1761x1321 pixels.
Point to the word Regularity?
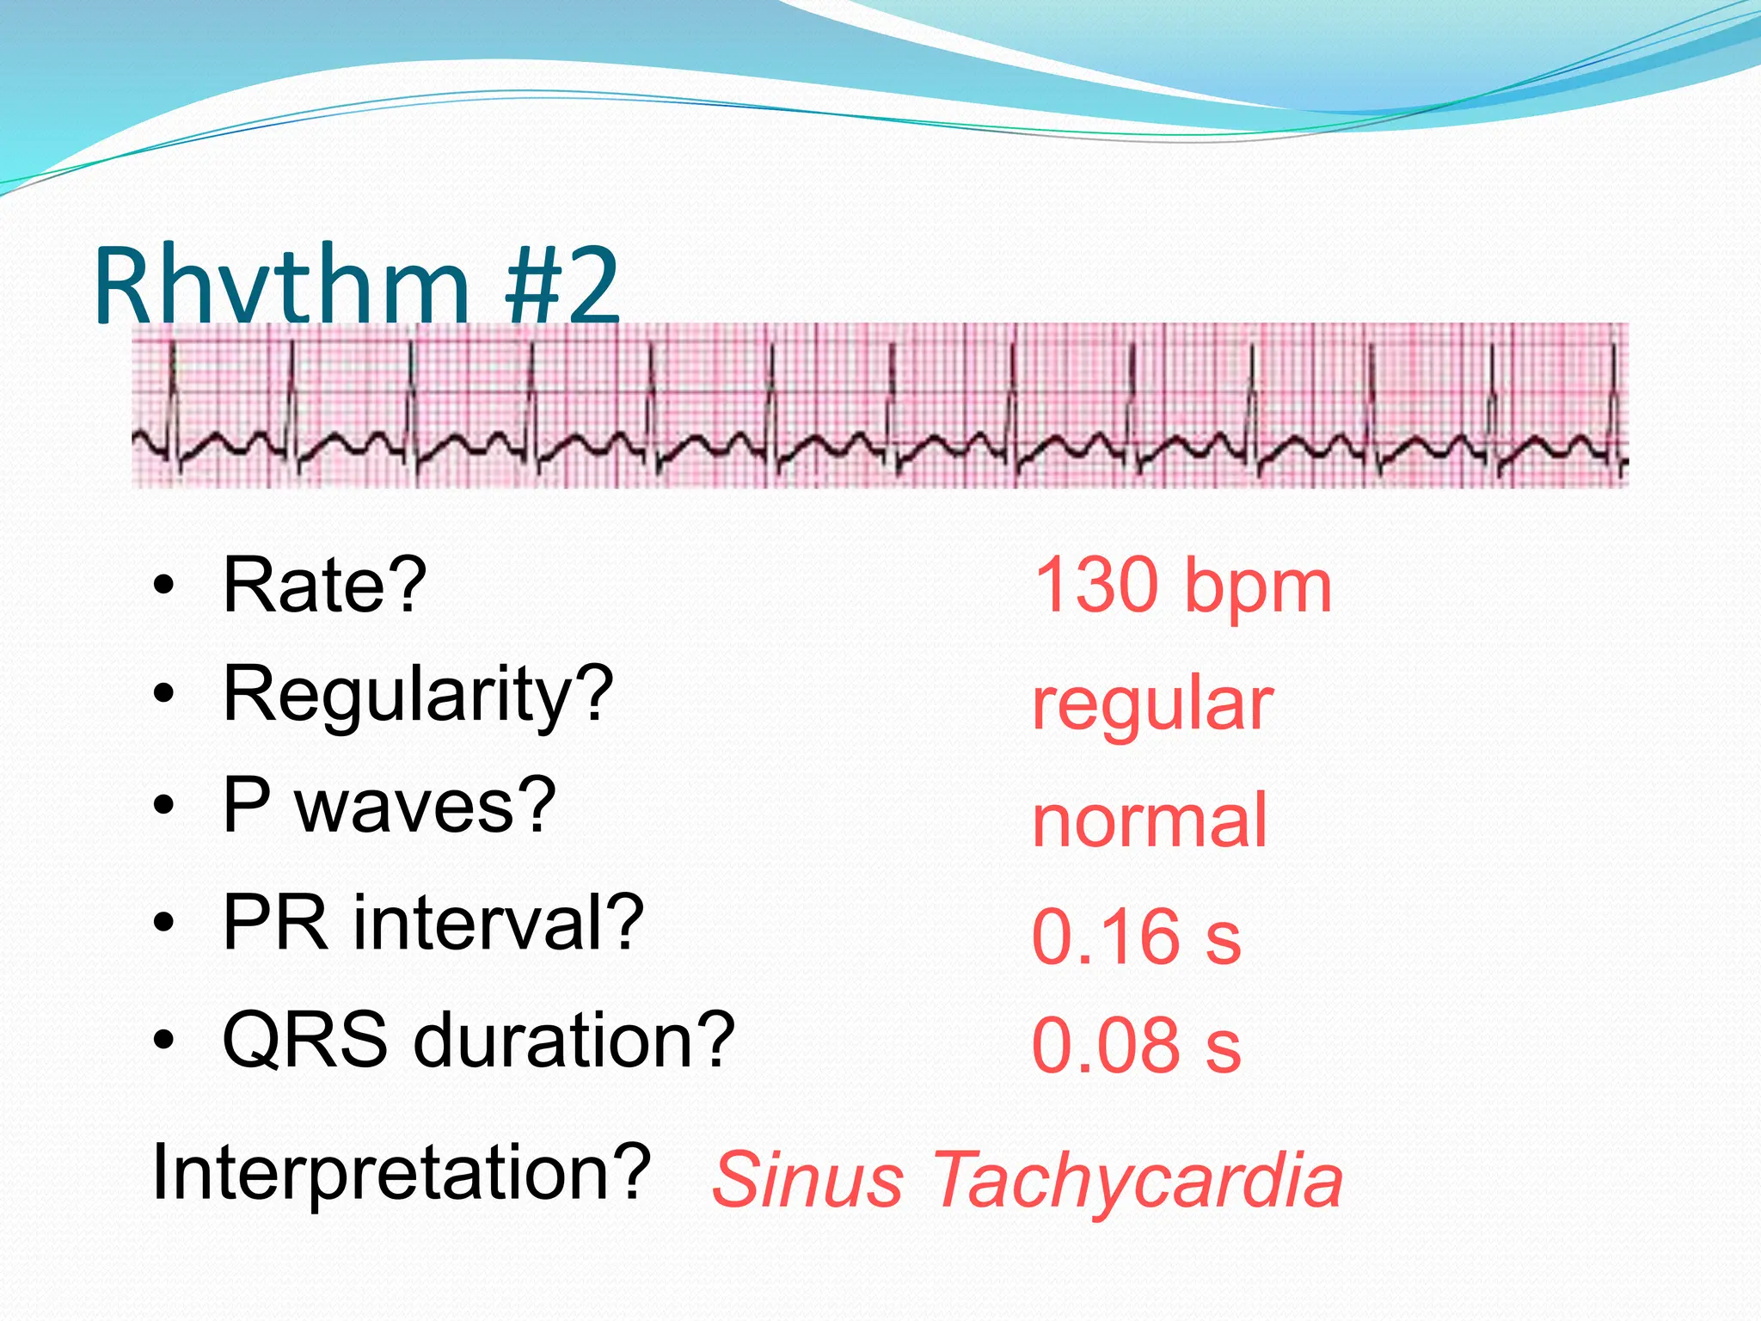click(x=418, y=695)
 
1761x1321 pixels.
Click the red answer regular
click(x=1152, y=705)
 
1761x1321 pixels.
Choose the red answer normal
click(x=1150, y=820)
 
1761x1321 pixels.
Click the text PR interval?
click(x=433, y=922)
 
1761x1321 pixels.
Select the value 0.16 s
click(x=1136, y=937)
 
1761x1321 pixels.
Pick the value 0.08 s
click(x=1136, y=1046)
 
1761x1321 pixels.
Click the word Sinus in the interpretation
click(x=807, y=1180)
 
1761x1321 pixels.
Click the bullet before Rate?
click(x=164, y=587)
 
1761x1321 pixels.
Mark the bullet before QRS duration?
click(x=164, y=1041)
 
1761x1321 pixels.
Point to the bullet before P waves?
click(x=164, y=807)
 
